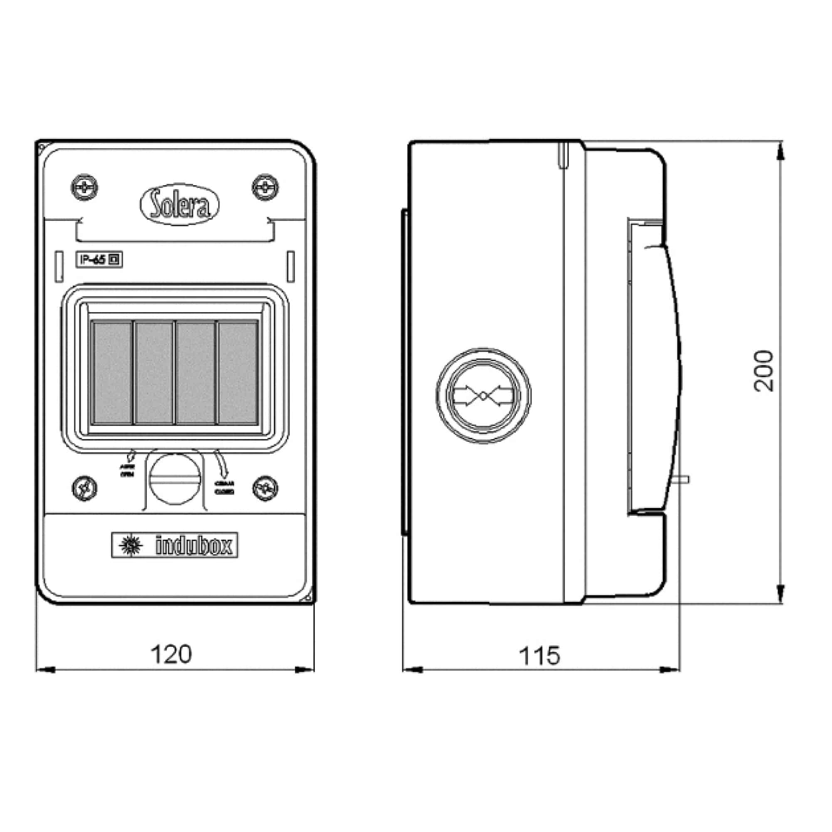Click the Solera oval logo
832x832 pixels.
(180, 205)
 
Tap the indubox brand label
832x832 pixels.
(174, 546)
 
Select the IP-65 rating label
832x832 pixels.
(99, 260)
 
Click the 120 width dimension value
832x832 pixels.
(171, 654)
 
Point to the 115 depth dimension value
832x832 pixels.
(539, 656)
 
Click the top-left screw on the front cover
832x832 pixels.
(84, 188)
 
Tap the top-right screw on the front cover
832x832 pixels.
(265, 188)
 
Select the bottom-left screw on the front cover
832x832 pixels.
(84, 488)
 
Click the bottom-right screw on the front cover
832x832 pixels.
(265, 488)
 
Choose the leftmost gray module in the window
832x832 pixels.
(112, 372)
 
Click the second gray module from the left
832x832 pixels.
(154, 372)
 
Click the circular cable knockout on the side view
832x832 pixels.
(483, 395)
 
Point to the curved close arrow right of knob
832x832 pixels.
(221, 463)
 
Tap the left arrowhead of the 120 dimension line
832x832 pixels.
(46, 670)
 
